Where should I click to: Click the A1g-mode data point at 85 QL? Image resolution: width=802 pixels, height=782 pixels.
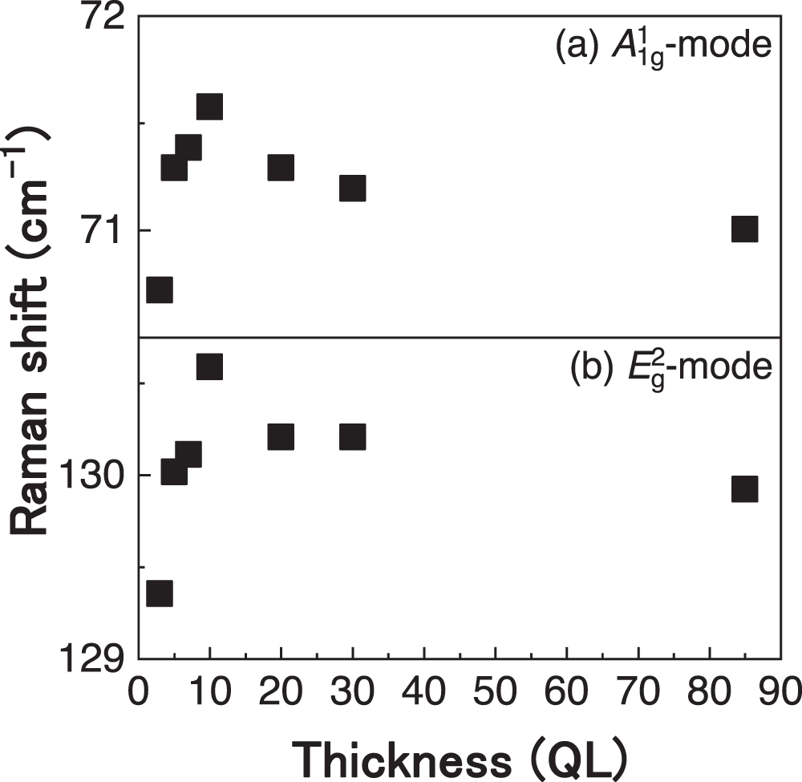click(x=744, y=229)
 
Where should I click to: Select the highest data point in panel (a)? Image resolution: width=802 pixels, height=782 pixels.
click(x=209, y=106)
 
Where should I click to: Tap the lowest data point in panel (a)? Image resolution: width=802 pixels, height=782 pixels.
click(x=159, y=290)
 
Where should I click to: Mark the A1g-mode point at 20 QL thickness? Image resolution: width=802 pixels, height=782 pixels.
click(x=281, y=167)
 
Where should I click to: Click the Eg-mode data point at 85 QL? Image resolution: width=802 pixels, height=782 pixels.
click(x=744, y=488)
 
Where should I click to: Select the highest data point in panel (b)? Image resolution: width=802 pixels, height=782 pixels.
click(x=209, y=367)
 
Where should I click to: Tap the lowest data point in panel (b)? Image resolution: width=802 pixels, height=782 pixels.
click(x=159, y=594)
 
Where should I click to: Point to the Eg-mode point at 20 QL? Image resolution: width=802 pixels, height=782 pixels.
click(x=281, y=436)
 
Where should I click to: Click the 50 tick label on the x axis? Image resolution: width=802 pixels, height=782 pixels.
click(x=496, y=691)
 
